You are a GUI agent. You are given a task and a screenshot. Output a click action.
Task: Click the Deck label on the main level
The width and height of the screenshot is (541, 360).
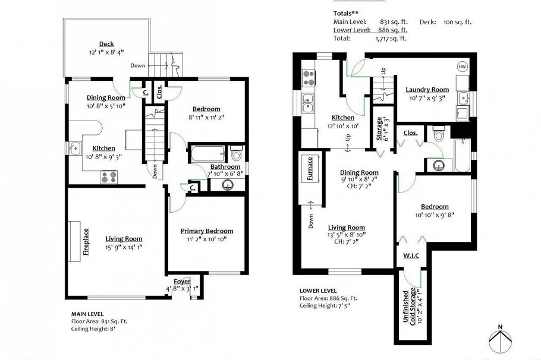[106, 44]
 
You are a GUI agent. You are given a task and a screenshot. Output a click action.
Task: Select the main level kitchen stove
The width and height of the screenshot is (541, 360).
[109, 176]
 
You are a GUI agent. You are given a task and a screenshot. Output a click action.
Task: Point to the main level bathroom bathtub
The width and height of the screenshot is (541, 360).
[207, 156]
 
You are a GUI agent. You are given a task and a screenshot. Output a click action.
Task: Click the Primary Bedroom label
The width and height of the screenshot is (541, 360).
[207, 231]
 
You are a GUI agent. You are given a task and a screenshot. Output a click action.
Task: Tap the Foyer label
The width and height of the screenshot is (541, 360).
[182, 281]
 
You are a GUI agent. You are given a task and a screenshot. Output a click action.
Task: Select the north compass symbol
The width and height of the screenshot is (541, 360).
[501, 339]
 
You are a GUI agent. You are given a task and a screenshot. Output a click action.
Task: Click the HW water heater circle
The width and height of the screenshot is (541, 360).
[462, 67]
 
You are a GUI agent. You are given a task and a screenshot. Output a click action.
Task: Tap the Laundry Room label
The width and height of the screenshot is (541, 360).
[427, 90]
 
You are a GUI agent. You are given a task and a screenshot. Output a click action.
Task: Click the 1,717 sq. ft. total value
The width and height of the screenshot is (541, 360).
[391, 39]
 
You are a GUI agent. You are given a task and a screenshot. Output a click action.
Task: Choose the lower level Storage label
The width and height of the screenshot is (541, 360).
[379, 129]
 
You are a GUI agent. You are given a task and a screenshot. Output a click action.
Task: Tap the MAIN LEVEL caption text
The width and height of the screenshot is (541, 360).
[87, 314]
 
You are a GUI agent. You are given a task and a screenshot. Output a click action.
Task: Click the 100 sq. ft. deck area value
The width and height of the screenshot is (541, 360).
[457, 22]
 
